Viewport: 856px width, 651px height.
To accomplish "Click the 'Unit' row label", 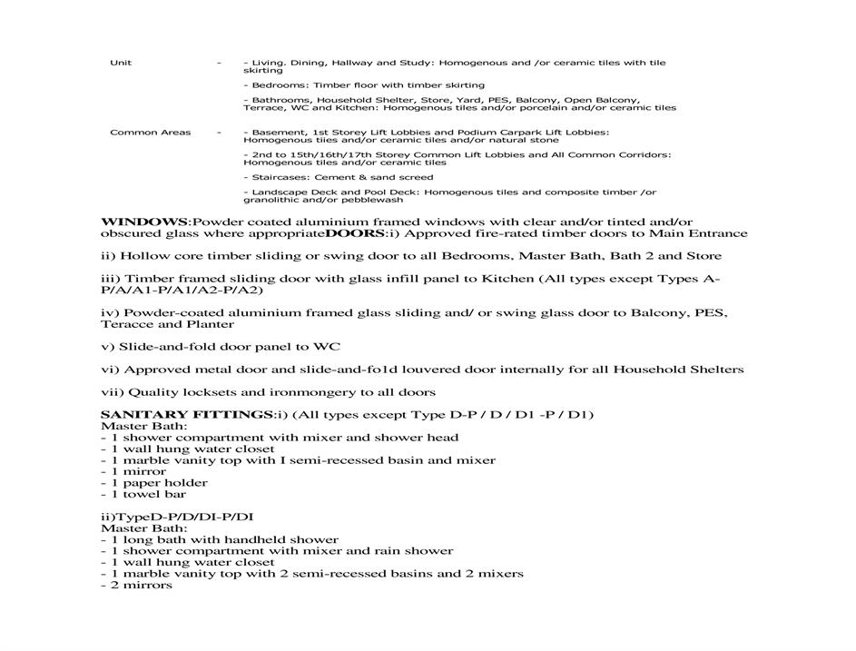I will [121, 63].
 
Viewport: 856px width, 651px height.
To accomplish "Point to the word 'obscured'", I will [131, 233].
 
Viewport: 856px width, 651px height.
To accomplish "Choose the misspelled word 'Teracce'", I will [127, 324].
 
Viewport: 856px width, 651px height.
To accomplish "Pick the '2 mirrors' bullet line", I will [136, 586].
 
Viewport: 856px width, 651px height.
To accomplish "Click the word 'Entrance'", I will [714, 233].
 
